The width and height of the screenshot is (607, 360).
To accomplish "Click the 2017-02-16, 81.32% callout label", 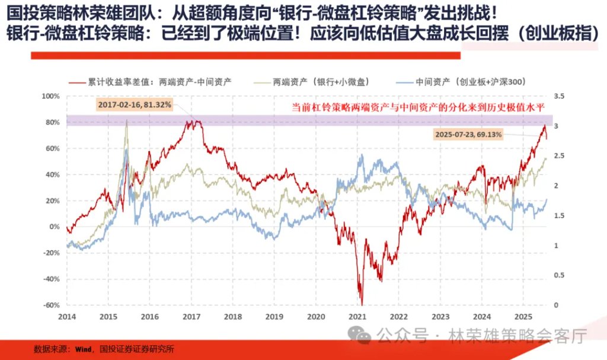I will pyautogui.click(x=134, y=105).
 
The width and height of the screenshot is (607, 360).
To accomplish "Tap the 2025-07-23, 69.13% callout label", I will pyautogui.click(x=468, y=135).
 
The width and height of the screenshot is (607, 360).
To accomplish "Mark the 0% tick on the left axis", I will pyautogui.click(x=55, y=227).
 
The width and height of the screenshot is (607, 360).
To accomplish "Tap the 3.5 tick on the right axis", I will pyautogui.click(x=558, y=96).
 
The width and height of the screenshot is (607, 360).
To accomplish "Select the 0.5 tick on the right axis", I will pyautogui.click(x=558, y=275).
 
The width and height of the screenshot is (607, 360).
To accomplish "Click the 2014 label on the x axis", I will pyautogui.click(x=66, y=317).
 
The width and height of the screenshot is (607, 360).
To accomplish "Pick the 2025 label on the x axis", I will pyautogui.click(x=523, y=317).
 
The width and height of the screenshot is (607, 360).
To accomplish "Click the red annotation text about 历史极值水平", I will pyautogui.click(x=422, y=108).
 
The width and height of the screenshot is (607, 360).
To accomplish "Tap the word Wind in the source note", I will pyautogui.click(x=82, y=349).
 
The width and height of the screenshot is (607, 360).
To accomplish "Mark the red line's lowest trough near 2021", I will pyautogui.click(x=361, y=303).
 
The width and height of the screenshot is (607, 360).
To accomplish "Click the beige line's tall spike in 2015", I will pyautogui.click(x=126, y=122).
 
